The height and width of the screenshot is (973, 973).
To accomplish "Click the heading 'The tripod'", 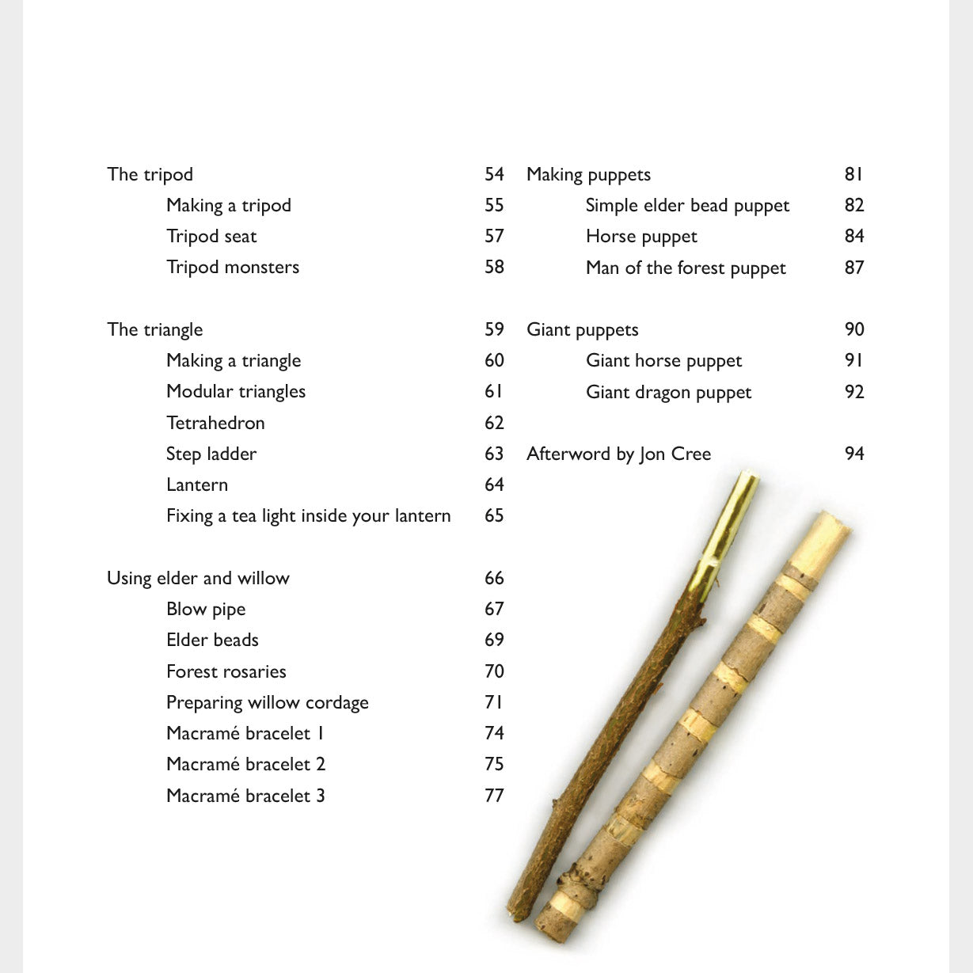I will pos(150,174).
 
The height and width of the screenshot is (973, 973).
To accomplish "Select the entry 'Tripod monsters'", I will pos(233,268).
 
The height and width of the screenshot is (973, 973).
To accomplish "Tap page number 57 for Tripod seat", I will pos(494,236).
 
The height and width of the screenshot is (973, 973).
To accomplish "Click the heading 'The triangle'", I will pos(154,329).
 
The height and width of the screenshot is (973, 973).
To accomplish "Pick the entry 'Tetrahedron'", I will pos(215,423).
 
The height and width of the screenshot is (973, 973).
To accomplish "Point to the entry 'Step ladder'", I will pos(211,454).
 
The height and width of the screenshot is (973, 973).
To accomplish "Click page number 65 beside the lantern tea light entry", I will pos(494,515).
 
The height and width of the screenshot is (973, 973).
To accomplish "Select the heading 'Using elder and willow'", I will pos(198,578).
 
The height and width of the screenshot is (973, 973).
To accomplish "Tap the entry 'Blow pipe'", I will pos(206,609).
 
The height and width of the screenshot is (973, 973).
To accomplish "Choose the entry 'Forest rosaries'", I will pos(226,671).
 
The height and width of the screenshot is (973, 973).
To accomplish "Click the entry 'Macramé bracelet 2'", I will pos(245,764).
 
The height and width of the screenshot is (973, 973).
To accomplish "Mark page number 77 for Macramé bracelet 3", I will pos(494,796).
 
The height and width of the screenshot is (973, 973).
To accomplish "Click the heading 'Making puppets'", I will pos(588,174).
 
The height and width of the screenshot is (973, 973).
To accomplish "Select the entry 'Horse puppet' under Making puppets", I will pos(641,237).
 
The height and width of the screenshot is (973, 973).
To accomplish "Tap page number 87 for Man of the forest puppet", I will pos(854,268).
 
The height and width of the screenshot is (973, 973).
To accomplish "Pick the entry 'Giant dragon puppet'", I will pos(668,392).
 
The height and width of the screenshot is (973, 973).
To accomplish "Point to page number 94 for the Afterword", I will pos(854,454).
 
